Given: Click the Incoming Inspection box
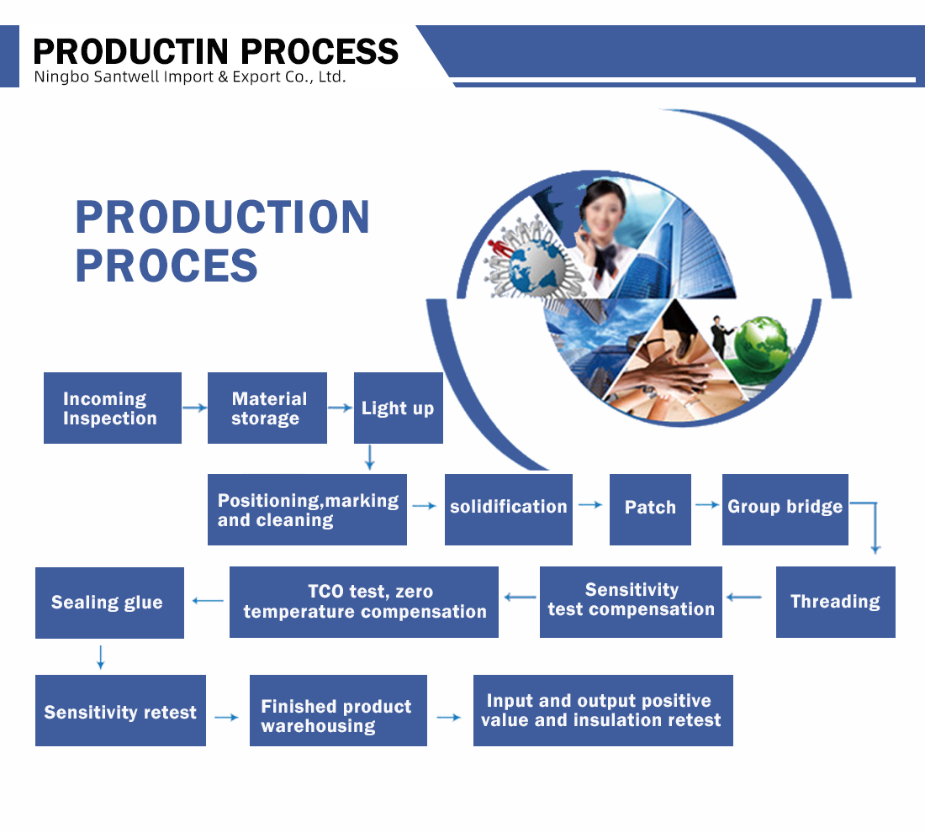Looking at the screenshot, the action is [x=113, y=408].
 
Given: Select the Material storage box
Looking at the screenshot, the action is [x=267, y=408].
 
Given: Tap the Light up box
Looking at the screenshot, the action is [x=399, y=408].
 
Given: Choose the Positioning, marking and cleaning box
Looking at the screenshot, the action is [x=307, y=509].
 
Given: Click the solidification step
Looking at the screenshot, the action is [x=509, y=509].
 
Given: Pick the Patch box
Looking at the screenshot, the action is [x=650, y=509].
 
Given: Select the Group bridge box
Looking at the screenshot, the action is [x=785, y=509].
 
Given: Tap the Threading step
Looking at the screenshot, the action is [x=835, y=602].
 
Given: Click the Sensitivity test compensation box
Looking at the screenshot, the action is [x=631, y=602].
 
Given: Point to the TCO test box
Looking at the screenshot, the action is [x=364, y=602].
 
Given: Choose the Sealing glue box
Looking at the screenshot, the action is [x=109, y=603].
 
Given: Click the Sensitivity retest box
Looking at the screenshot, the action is [x=120, y=710].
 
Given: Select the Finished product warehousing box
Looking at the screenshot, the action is [x=338, y=710].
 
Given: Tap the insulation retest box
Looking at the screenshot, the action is [x=603, y=710].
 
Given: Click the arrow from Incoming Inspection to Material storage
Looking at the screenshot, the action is [x=195, y=408].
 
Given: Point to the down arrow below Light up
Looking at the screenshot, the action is [x=370, y=457].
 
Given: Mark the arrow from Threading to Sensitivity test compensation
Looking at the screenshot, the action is [x=744, y=598].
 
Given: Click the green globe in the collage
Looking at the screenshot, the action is [x=761, y=345].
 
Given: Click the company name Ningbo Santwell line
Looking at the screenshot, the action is [x=190, y=76].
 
